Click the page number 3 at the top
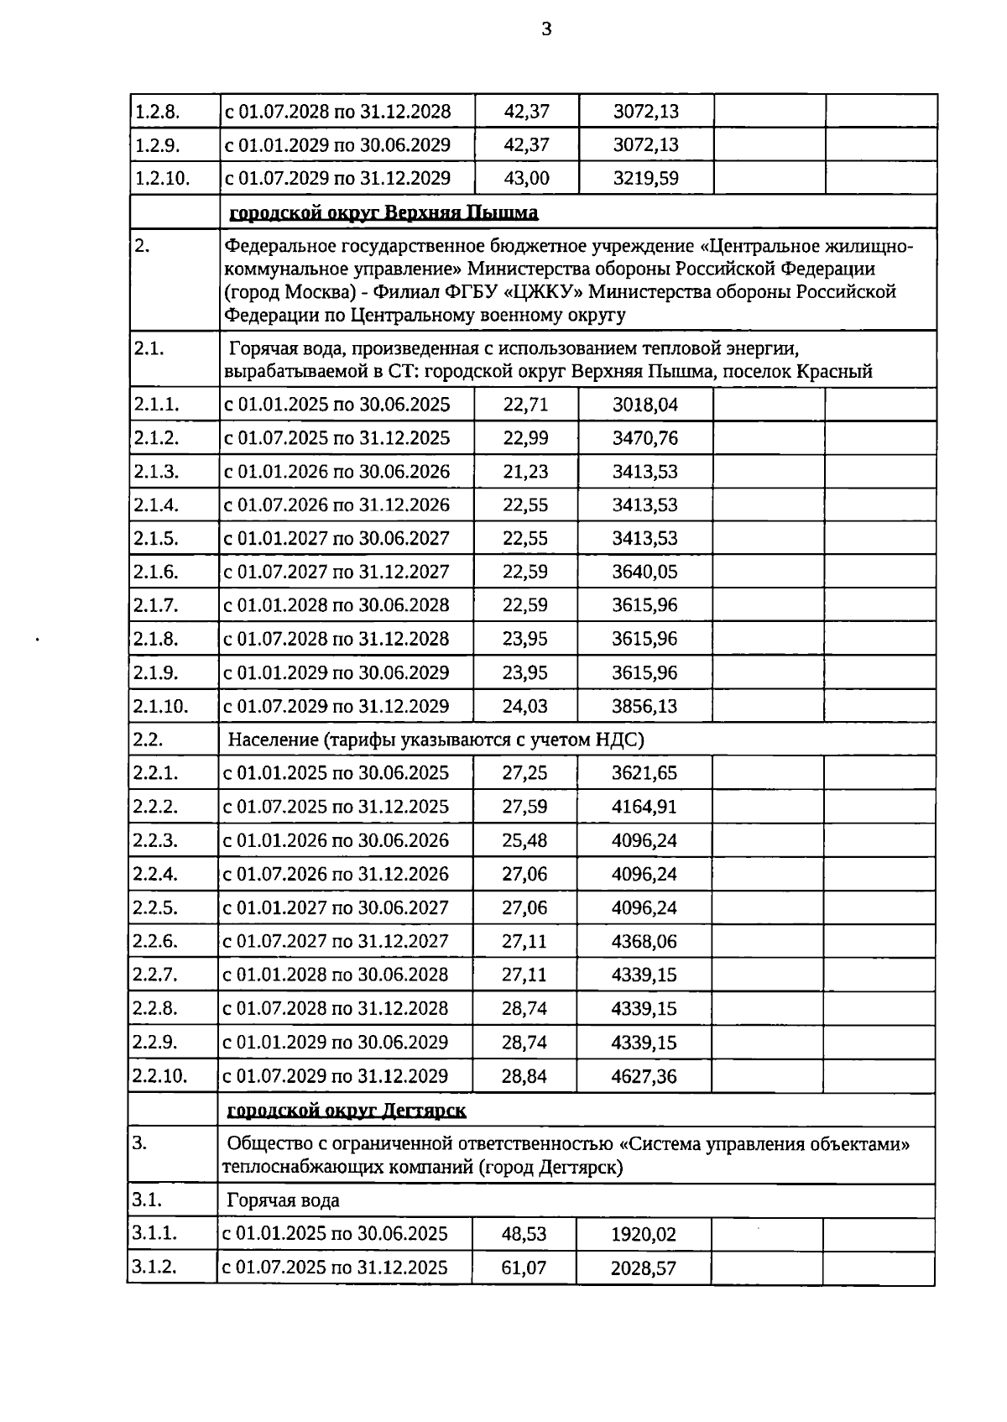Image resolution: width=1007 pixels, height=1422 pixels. [547, 30]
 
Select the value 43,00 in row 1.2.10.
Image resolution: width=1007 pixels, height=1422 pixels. [526, 178]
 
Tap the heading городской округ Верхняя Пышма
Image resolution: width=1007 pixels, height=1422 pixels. [383, 212]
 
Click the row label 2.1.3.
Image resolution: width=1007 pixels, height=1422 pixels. [156, 472]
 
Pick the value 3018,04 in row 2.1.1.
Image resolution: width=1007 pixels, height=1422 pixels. [644, 405]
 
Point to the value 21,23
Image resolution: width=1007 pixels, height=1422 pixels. [525, 472]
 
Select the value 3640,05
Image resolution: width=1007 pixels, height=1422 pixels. [644, 572]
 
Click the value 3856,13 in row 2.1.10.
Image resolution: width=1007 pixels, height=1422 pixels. [644, 706]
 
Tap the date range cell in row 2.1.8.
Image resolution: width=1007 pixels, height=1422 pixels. [337, 639]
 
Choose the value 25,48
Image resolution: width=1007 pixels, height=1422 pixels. [524, 840]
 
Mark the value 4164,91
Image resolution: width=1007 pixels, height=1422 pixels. [644, 807]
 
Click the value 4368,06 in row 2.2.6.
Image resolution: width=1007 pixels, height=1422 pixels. [644, 941]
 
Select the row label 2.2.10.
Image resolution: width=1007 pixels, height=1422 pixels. [159, 1075]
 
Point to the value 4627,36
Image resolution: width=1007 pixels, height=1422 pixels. [644, 1076]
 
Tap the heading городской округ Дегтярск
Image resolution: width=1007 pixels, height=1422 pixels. [347, 1111]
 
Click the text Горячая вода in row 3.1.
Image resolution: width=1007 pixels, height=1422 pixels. [284, 1200]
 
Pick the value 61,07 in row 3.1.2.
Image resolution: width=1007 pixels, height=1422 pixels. [524, 1268]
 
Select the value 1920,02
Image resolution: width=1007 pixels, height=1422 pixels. [644, 1235]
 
